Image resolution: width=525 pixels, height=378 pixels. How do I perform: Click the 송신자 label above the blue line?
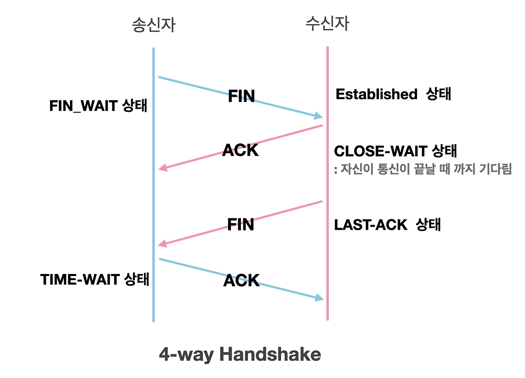pos(153,25)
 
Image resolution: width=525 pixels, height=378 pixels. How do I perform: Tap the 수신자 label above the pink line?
pos(327,24)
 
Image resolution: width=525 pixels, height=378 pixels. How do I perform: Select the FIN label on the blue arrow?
pos(241,96)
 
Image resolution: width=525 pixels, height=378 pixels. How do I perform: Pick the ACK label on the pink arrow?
pos(240,150)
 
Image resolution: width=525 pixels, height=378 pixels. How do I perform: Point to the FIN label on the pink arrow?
pos(241,224)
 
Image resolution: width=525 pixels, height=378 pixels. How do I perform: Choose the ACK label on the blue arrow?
pos(242,281)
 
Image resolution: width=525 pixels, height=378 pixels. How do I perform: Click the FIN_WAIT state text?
pos(98,106)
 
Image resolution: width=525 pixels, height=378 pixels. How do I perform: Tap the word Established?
pos(376,94)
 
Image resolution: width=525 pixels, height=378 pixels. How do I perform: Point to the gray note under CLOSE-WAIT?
pos(423,170)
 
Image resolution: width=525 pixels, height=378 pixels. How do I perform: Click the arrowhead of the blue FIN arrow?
pos(319,116)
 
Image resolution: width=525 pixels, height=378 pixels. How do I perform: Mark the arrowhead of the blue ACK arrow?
pos(319,298)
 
